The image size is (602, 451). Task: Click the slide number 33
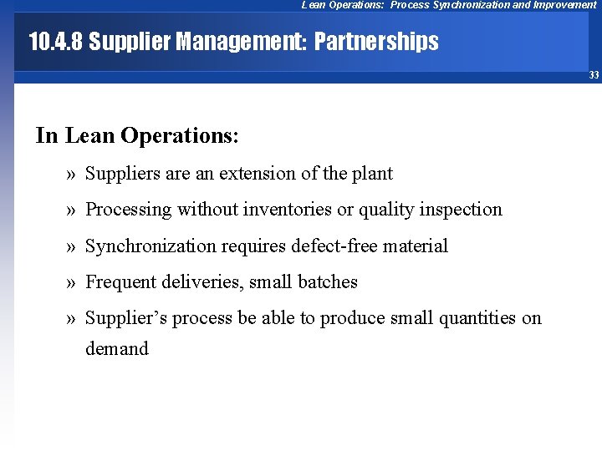click(x=594, y=75)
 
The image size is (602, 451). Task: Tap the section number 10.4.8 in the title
click(x=55, y=42)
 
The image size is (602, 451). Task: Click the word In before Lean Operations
click(x=47, y=135)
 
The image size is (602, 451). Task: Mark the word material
click(x=417, y=246)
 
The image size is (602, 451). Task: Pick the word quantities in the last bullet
click(x=472, y=318)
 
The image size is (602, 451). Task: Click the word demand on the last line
click(x=117, y=349)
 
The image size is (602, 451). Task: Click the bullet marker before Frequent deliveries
click(x=70, y=282)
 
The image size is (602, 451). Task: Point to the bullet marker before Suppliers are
click(x=70, y=174)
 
